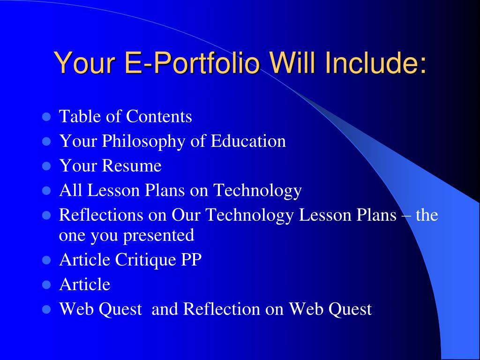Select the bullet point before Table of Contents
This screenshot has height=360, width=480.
(x=46, y=116)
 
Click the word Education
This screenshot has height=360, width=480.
(x=248, y=141)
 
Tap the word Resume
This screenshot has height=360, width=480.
(x=132, y=166)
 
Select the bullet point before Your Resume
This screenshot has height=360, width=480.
(x=46, y=166)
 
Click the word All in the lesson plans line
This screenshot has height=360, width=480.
(x=68, y=191)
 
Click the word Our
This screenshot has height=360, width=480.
(x=187, y=215)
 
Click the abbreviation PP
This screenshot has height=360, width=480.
(x=191, y=260)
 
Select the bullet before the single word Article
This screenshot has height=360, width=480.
(x=46, y=285)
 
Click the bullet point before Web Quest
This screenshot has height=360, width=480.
(x=46, y=309)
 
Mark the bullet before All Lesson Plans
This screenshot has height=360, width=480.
(x=46, y=191)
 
